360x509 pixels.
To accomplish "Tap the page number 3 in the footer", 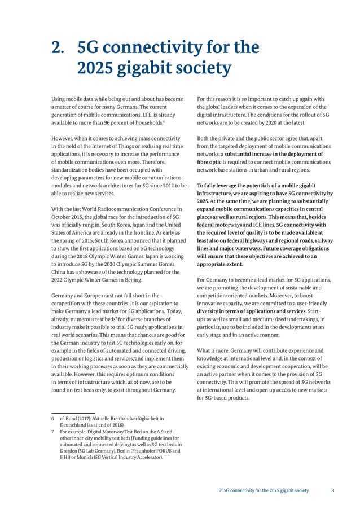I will point(332,490).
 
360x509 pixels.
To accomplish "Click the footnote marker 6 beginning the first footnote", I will point(52,418).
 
